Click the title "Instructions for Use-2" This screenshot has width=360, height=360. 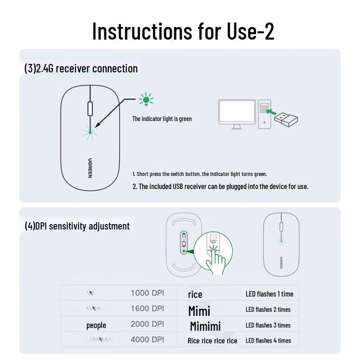(x=183, y=31)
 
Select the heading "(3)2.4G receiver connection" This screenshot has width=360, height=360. (x=81, y=69)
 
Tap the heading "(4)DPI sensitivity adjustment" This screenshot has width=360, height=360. (x=77, y=226)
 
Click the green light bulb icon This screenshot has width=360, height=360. (x=146, y=100)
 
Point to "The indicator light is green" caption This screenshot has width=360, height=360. (x=162, y=119)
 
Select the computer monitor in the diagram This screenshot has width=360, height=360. (x=237, y=113)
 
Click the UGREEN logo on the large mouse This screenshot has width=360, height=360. (x=90, y=168)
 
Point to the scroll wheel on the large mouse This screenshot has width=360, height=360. (x=90, y=109)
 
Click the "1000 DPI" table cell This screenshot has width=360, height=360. (x=147, y=293)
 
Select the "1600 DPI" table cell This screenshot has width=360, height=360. (x=147, y=309)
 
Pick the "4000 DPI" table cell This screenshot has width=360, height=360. (x=147, y=339)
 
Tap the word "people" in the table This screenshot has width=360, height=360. (x=96, y=325)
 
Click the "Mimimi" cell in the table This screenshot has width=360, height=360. (x=205, y=326)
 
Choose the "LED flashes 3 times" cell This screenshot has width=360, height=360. (x=268, y=325)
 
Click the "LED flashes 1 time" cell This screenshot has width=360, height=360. (x=269, y=294)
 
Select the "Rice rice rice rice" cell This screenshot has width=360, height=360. (x=212, y=341)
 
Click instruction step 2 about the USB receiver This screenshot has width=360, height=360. (x=220, y=186)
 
